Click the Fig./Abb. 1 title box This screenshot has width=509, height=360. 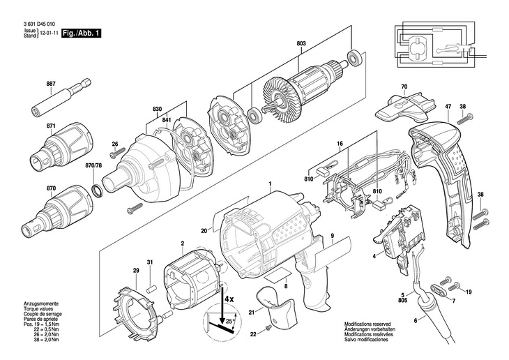[81, 33]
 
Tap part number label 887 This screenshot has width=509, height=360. [51, 84]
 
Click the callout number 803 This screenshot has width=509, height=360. [301, 43]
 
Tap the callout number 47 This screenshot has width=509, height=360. [448, 106]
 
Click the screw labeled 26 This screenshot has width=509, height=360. [117, 153]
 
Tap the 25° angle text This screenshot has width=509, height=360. [230, 322]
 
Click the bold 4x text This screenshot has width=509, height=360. [229, 299]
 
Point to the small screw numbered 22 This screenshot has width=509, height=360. [268, 329]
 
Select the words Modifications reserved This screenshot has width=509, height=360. [367, 324]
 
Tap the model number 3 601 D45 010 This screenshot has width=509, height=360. [39, 24]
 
